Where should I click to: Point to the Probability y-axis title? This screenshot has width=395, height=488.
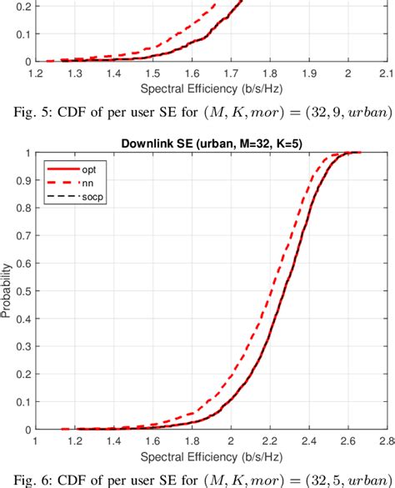(x=8, y=292)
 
